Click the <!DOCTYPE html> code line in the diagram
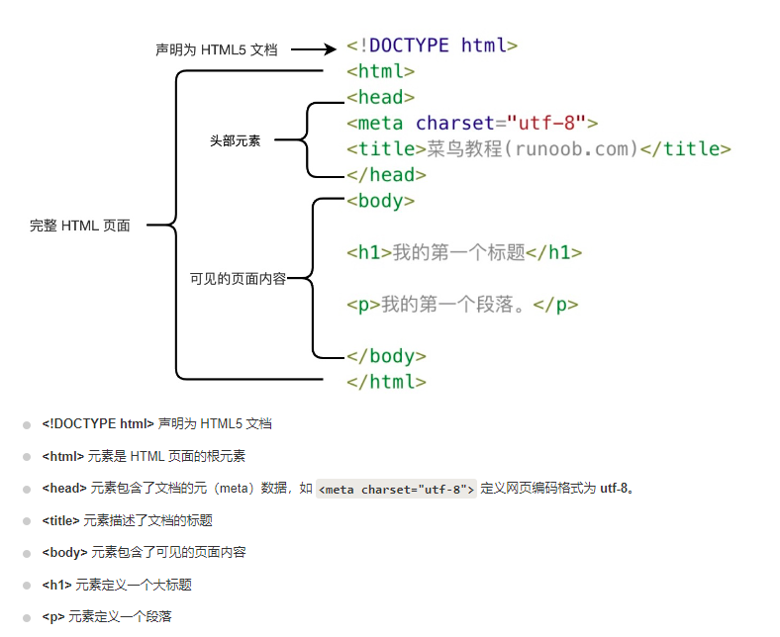tap(433, 45)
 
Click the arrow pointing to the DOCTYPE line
tap(315, 48)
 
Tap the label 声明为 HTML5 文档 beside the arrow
tap(217, 49)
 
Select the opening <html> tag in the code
tap(380, 71)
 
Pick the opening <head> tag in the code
tap(380, 97)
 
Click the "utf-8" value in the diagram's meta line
tap(546, 123)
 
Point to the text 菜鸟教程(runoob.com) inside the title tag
tap(533, 149)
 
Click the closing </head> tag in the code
tap(386, 175)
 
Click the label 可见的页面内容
tap(238, 279)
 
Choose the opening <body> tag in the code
tap(380, 201)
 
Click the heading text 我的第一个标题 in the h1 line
tap(458, 252)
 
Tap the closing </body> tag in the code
tap(386, 356)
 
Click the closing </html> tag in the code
tap(386, 382)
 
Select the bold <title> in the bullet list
tap(61, 520)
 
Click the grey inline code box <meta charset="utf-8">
tap(396, 489)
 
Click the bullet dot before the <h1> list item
tap(27, 586)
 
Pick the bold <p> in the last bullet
tap(53, 617)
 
